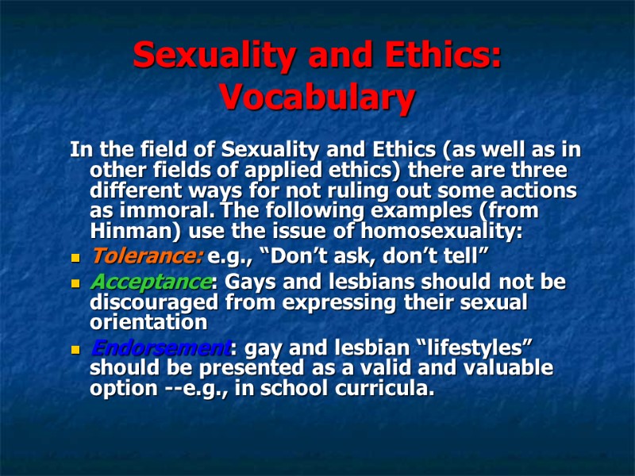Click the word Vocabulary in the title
point(317,98)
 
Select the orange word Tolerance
point(148,256)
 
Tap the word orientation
point(148,323)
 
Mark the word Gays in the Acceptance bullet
point(250,282)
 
